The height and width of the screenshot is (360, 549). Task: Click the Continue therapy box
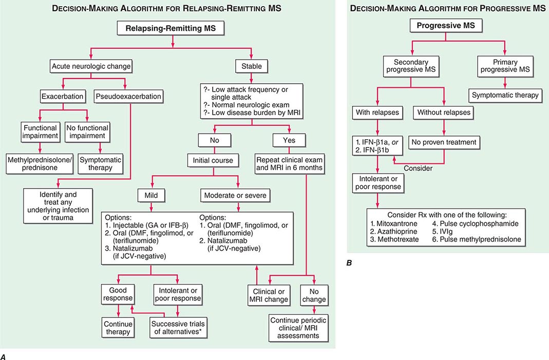tap(119, 328)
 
